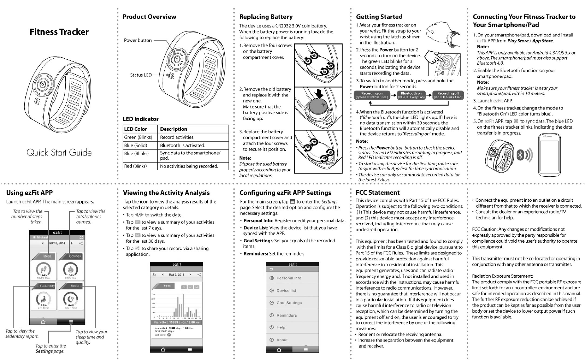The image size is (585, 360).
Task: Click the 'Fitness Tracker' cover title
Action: tap(59, 32)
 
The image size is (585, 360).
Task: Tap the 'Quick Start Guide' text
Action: tap(59, 152)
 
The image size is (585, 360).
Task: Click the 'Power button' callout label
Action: tap(138, 40)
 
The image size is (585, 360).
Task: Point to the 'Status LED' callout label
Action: tap(141, 75)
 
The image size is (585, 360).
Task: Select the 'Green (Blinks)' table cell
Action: tap(138, 137)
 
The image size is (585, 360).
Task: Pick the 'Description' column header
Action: tap(174, 129)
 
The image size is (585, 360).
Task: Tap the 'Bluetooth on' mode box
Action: tap(411, 95)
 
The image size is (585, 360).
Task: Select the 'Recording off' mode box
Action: tap(448, 95)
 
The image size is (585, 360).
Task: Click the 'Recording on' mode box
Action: tap(372, 95)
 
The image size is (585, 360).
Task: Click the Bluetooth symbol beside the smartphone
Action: tap(520, 155)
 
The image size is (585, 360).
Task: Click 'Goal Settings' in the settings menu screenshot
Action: tap(289, 303)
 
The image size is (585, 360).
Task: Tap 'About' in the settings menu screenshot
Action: tap(282, 340)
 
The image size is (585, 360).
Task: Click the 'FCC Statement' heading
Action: tap(378, 193)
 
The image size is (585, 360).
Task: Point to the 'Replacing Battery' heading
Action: tap(266, 17)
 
